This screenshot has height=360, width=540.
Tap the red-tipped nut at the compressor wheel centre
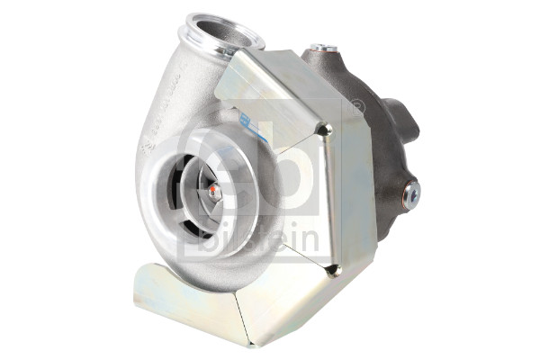(x=213, y=191)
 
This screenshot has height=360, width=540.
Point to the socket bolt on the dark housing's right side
(x=411, y=190)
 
